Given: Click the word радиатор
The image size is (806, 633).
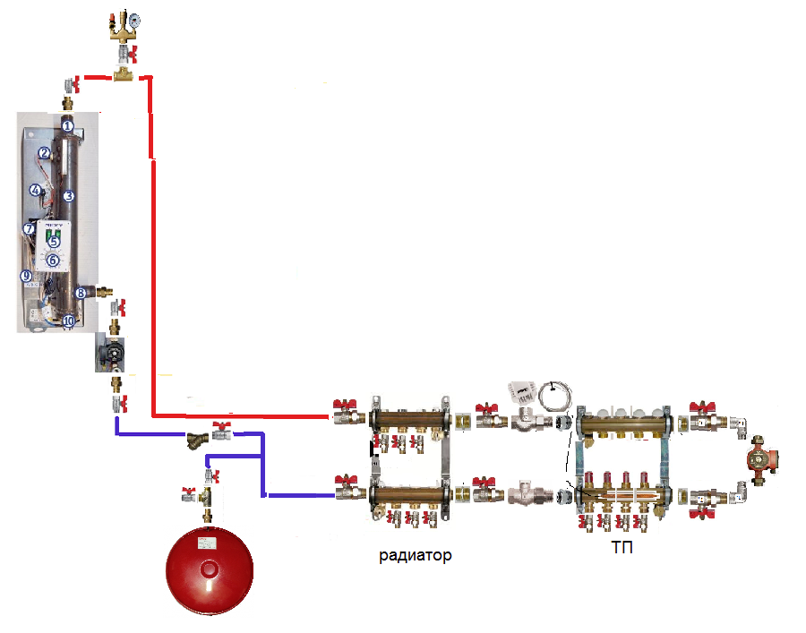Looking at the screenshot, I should tap(415, 555).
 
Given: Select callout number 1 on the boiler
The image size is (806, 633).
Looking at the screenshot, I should tap(67, 126).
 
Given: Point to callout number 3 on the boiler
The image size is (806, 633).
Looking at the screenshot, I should tap(67, 195).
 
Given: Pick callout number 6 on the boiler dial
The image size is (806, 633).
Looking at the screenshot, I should tap(53, 260).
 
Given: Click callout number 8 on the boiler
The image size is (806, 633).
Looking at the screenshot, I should tap(81, 292).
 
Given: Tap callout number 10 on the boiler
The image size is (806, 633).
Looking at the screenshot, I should tap(69, 321).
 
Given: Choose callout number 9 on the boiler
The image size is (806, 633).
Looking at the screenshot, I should tap(26, 276).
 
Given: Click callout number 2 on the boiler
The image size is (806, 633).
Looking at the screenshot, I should tap(43, 153).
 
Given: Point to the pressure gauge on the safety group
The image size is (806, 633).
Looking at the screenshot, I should tap(133, 18).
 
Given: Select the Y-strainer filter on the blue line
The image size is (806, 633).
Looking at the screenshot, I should tap(196, 440).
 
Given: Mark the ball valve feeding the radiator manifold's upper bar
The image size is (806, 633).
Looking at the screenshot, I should tap(344, 415).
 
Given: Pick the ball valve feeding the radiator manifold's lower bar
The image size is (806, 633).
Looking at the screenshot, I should tap(344, 490).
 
